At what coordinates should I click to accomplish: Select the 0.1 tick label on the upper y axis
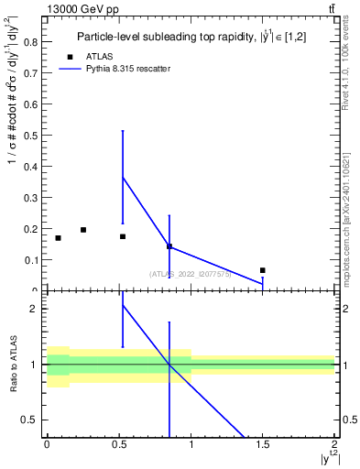point(30,260)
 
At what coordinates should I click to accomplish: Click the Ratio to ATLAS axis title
point(14,365)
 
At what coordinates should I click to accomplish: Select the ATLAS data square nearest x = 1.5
point(263,270)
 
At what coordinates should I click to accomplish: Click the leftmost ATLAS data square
point(58,238)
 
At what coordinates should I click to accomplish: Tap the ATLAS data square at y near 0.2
point(83,230)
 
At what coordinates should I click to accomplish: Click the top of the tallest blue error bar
point(123,131)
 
